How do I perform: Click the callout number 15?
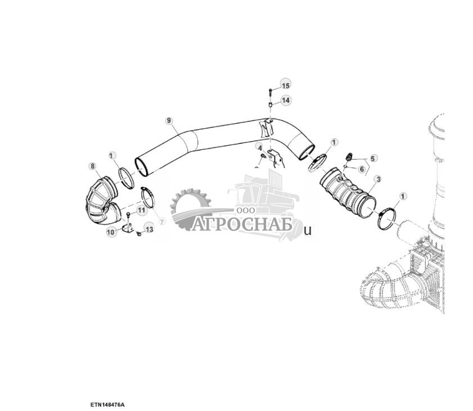[285, 85]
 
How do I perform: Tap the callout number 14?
[286, 100]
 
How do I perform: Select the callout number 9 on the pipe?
[169, 120]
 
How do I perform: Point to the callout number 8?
[92, 165]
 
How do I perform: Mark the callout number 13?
[149, 229]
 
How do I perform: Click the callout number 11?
[141, 210]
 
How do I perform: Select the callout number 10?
[111, 231]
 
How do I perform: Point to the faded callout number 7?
[162, 222]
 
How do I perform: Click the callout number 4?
[260, 147]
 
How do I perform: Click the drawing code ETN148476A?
[107, 404]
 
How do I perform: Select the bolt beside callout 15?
[271, 90]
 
